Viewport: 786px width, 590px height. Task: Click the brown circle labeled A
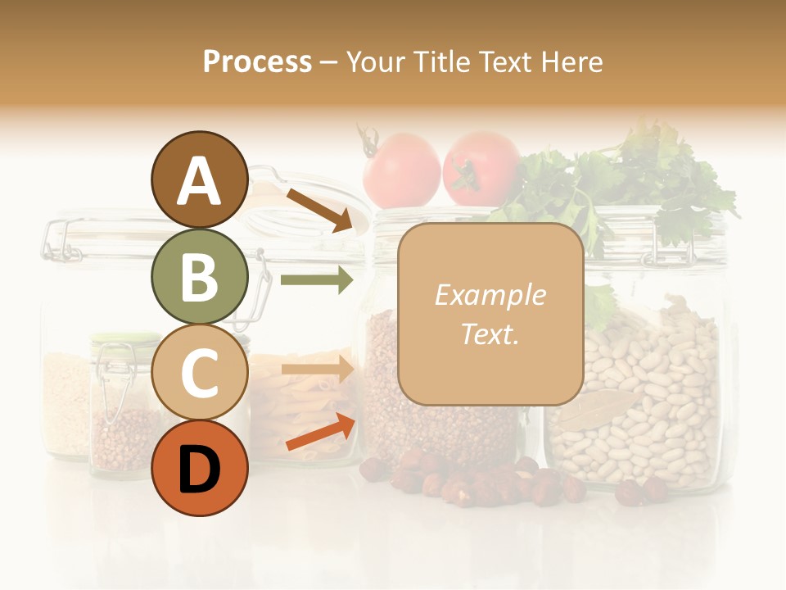pos(199,180)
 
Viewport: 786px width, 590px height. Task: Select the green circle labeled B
pos(199,277)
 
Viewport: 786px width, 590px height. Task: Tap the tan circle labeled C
pos(199,373)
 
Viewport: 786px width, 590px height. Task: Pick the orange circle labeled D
pos(199,469)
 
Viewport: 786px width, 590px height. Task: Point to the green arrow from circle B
pos(316,280)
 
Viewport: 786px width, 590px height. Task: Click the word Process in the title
pos(257,61)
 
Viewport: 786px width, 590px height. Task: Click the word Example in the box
pos(490,295)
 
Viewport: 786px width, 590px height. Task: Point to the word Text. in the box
pos(490,334)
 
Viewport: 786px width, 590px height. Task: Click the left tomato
pos(402,170)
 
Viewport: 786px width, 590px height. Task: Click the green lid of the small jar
pos(125,338)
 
